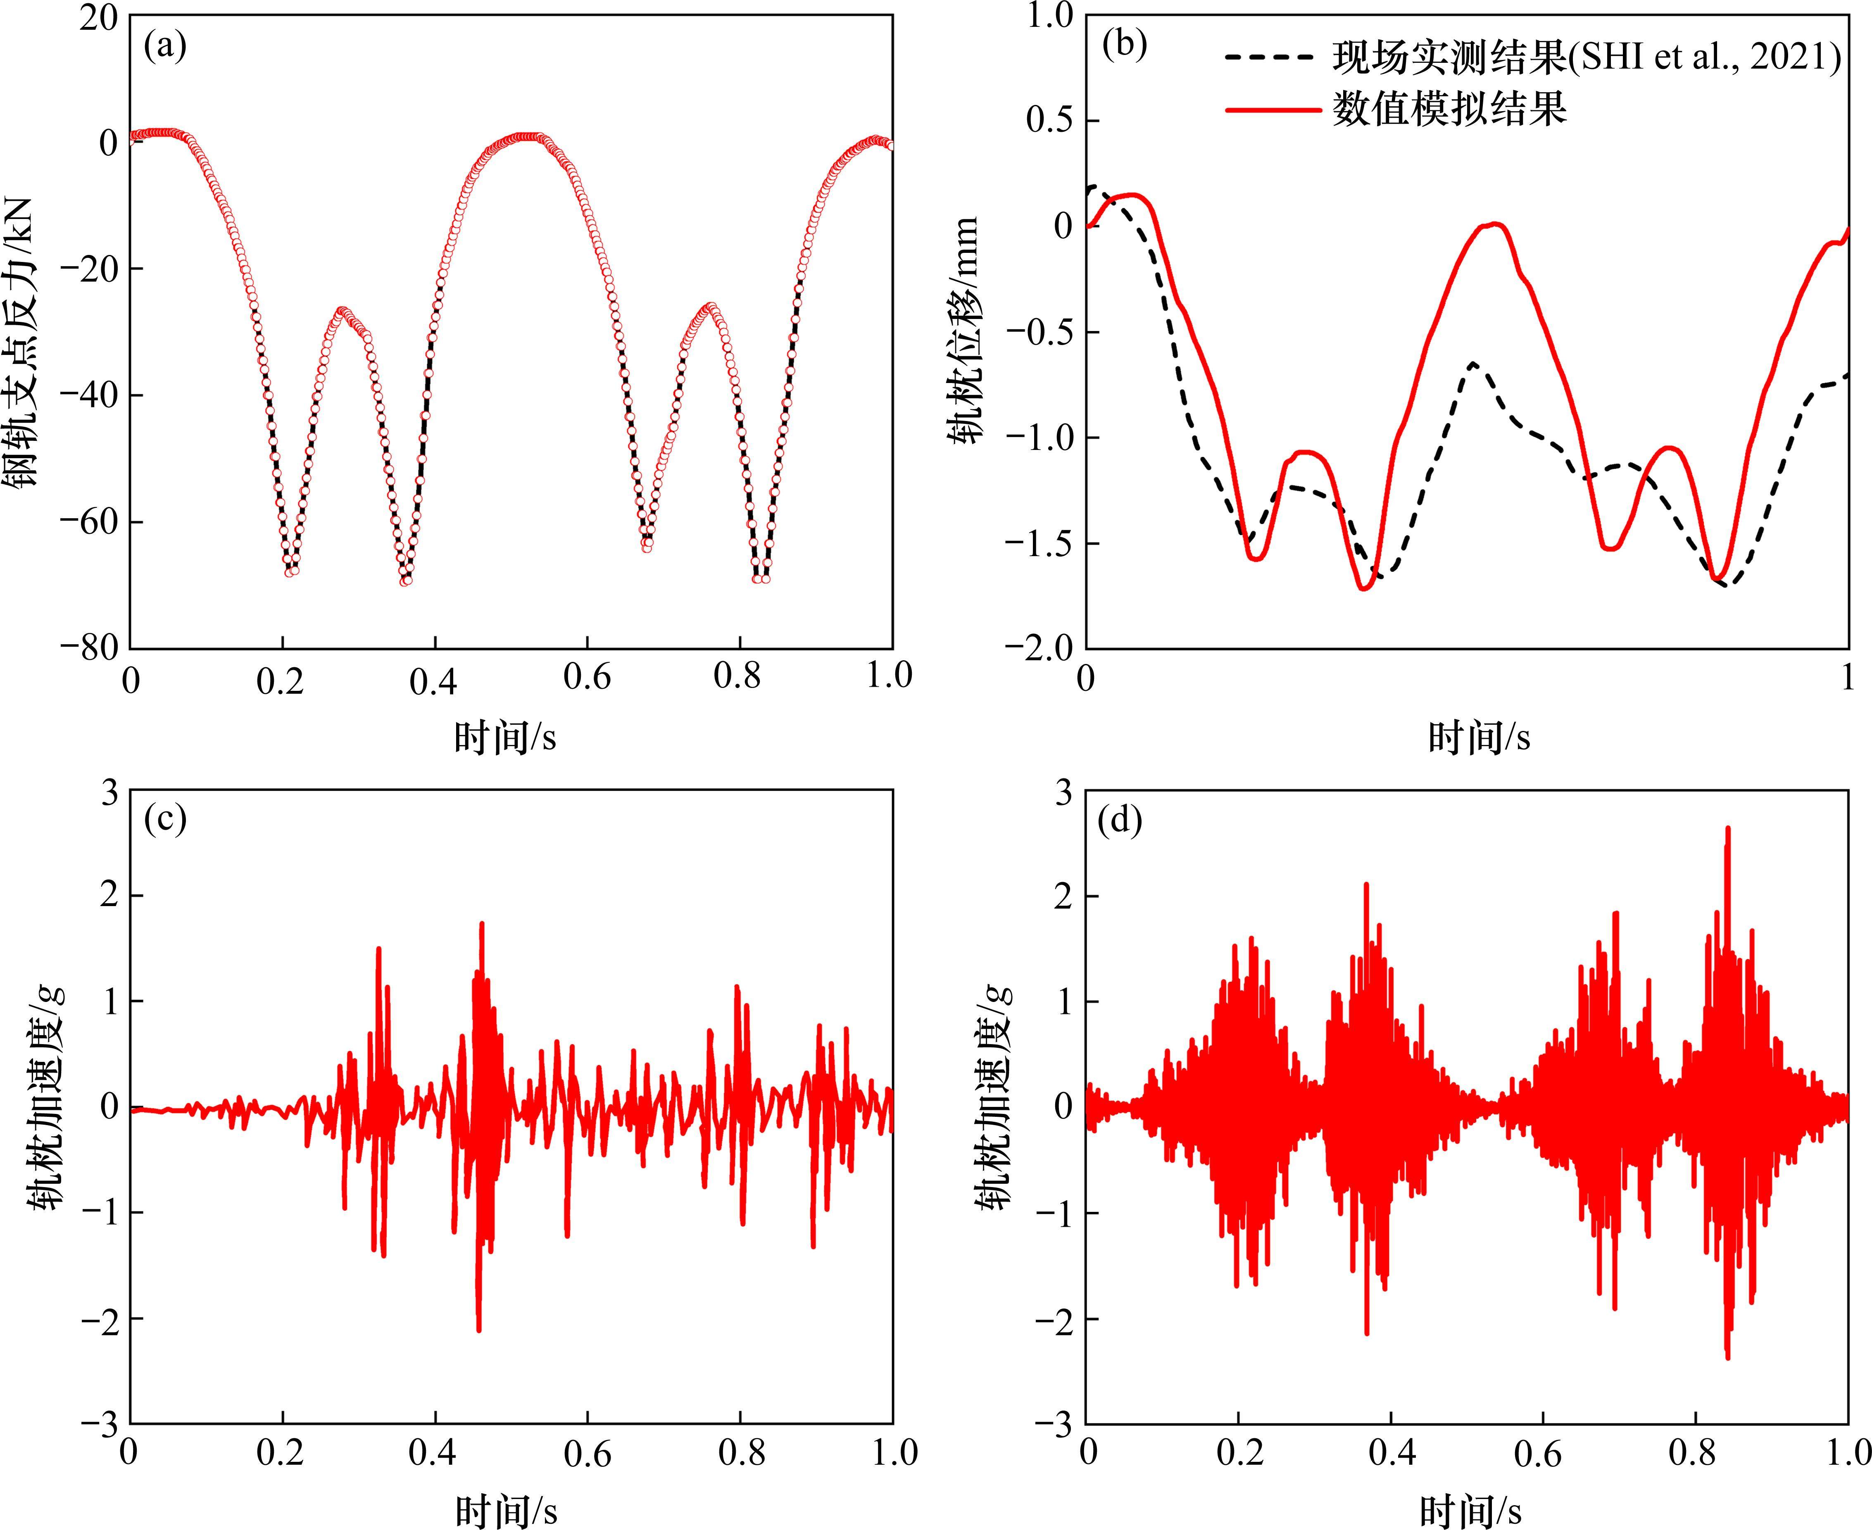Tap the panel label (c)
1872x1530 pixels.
click(165, 820)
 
